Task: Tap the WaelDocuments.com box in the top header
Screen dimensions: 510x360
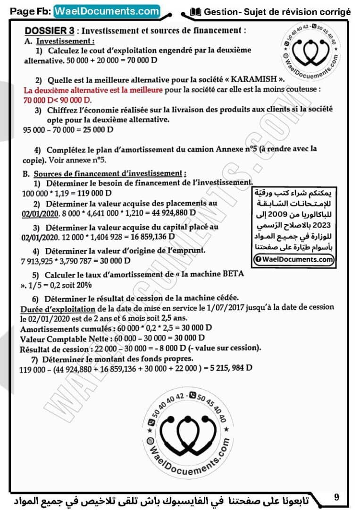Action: (107, 11)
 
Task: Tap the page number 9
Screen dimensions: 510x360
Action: (336, 497)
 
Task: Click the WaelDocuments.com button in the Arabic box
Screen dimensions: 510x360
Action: (293, 259)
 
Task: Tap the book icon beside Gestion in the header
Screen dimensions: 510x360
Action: (196, 12)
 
